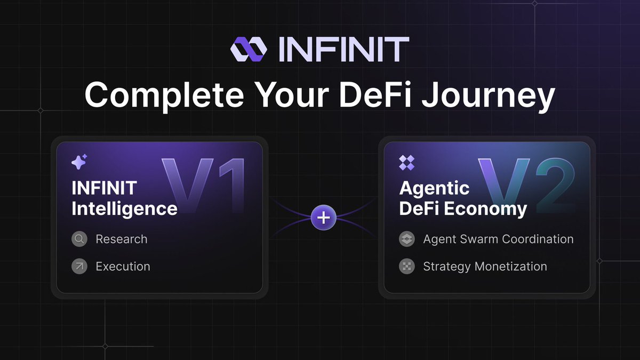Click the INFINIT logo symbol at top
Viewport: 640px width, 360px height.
coord(249,49)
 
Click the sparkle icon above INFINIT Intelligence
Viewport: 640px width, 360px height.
coord(79,162)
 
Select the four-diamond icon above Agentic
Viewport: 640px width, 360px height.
coord(406,163)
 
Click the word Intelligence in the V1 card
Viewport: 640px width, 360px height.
coord(124,208)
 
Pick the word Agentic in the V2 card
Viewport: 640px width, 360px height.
coord(434,188)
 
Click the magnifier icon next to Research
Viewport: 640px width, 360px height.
coord(79,239)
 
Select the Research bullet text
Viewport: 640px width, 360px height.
coord(122,239)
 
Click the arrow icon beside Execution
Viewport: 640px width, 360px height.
coord(79,266)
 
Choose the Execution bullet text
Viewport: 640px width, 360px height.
coord(123,266)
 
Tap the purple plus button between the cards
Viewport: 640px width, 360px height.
coord(324,218)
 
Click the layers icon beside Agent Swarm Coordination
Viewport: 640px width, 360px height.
coord(407,239)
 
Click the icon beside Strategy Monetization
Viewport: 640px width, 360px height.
coord(407,266)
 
